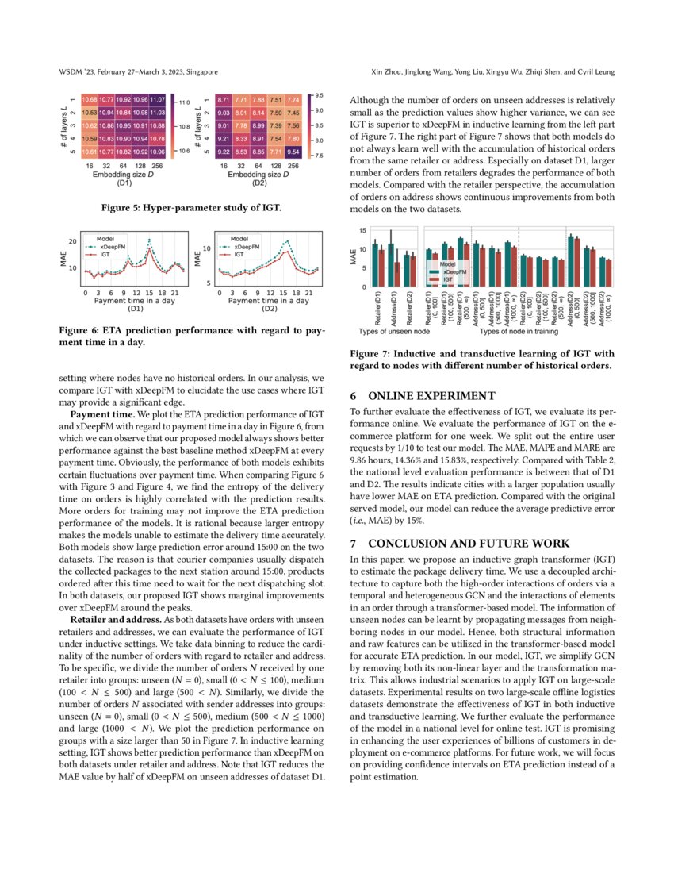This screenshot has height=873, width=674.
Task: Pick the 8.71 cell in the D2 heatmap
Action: tap(224, 99)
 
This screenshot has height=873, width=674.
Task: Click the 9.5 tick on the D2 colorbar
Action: tap(318, 94)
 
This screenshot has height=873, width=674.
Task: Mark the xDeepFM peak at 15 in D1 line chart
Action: tap(151, 248)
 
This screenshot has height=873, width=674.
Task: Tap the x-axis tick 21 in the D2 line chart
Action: tap(308, 293)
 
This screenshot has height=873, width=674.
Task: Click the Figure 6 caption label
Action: tap(82, 329)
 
